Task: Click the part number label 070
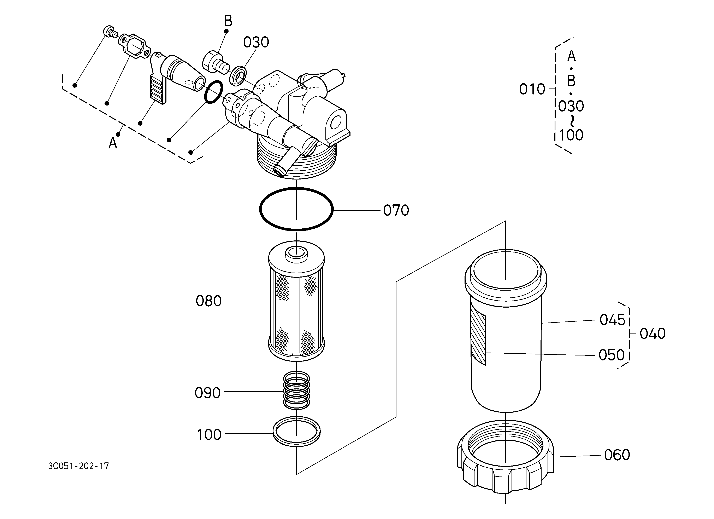[x=396, y=211]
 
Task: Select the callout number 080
[x=209, y=301]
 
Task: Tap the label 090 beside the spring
[x=207, y=393]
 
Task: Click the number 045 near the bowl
[x=612, y=320]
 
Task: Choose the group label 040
[x=653, y=333]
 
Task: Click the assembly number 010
[x=532, y=90]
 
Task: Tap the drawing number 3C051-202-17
[x=78, y=466]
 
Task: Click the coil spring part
[x=297, y=391]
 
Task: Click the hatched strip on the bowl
[x=478, y=340]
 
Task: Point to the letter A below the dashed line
[x=113, y=143]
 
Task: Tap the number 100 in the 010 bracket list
[x=571, y=135]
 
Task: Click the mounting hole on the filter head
[x=336, y=121]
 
